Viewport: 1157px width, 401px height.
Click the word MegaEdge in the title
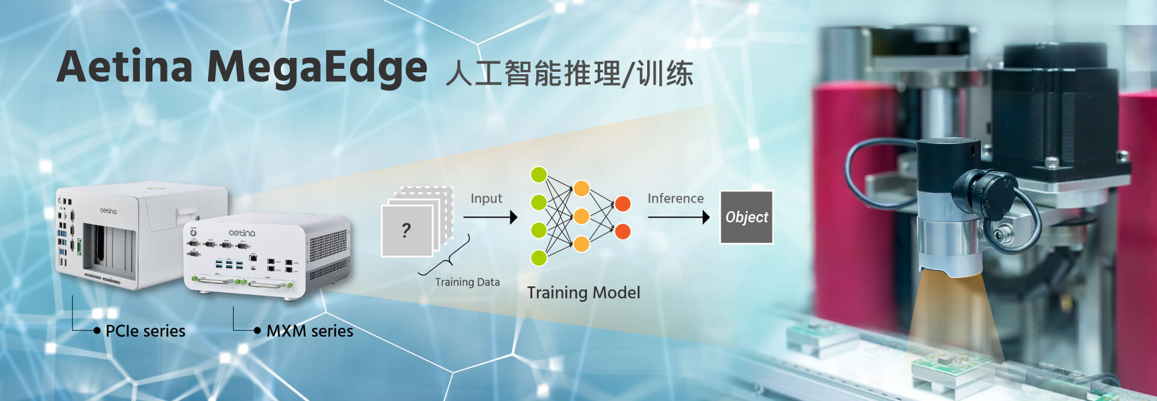317,68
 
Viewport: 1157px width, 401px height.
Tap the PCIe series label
145,330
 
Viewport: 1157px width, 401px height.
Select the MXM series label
310,330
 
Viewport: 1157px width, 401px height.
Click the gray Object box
746,217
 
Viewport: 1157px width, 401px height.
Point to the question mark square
407,230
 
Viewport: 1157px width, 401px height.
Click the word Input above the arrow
486,198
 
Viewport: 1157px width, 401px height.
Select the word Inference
675,198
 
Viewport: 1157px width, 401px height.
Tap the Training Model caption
583,292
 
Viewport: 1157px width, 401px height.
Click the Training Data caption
467,282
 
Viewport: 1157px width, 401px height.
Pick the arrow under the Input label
490,217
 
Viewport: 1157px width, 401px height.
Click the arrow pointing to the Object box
679,217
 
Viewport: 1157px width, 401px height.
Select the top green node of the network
539,175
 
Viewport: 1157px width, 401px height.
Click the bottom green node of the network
539,258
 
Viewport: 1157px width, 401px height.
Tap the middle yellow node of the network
582,216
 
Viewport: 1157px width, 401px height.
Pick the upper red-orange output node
623,204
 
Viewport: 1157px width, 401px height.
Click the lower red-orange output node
623,231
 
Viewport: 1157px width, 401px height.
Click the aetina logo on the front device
242,233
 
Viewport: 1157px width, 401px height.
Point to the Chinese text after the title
569,74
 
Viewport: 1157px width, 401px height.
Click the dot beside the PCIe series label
97,330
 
